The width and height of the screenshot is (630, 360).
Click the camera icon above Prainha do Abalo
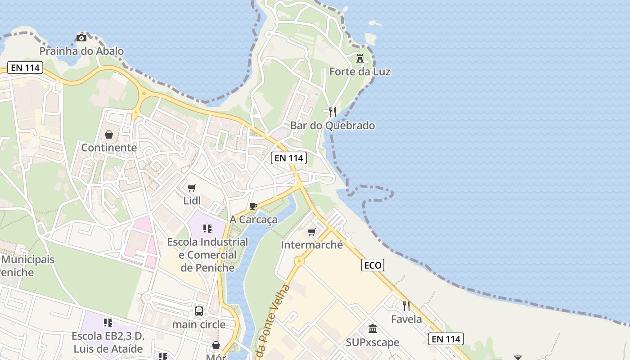pos(81,38)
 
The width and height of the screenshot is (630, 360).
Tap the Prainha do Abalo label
pos(81,51)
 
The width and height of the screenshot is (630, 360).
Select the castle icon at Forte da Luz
pos(360,58)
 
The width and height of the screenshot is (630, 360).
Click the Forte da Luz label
pos(360,72)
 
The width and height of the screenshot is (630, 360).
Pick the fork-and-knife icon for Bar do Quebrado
pos(333,112)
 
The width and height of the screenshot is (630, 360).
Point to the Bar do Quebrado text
pos(333,126)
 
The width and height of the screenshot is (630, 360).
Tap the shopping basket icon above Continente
pos(109,134)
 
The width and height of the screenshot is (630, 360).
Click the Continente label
pos(109,148)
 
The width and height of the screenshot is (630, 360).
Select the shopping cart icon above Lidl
pos(192,188)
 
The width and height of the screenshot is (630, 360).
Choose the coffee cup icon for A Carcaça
pos(253,206)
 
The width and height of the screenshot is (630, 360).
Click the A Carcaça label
pos(253,220)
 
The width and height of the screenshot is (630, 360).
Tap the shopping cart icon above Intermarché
pos(311,232)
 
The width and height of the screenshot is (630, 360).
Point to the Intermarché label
pos(311,245)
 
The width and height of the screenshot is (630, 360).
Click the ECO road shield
pos(373,265)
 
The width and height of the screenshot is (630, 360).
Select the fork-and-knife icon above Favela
pos(406,306)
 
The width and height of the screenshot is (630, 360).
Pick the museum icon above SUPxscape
pos(372,329)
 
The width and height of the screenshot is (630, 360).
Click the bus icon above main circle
pos(199,311)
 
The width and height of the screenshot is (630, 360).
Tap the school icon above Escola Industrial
pos(207,229)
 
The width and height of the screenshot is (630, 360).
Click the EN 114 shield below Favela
pos(445,339)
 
